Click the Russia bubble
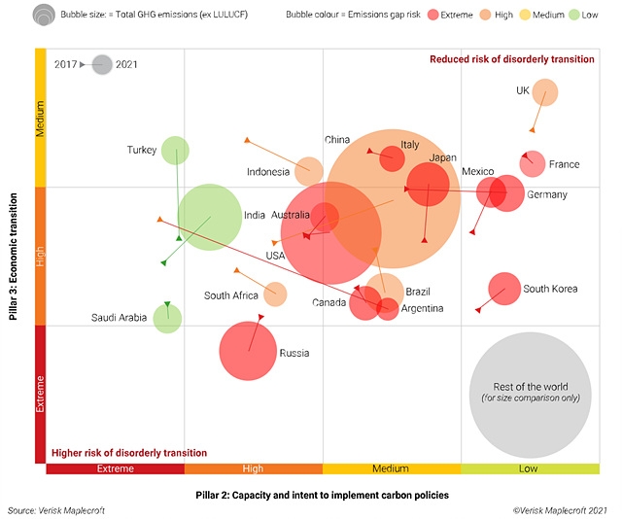click(x=248, y=351)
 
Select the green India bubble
click(x=209, y=218)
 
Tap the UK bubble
click(x=545, y=93)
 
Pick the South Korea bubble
click(x=503, y=288)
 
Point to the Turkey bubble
click(x=175, y=151)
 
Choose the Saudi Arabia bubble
click(x=167, y=318)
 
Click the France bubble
click(x=532, y=163)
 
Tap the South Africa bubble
click(x=275, y=294)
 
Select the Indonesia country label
click(x=268, y=173)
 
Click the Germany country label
click(x=546, y=195)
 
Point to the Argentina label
click(x=422, y=309)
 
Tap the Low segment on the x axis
click(x=530, y=468)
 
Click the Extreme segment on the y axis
click(x=41, y=394)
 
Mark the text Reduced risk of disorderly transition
click(x=511, y=59)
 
